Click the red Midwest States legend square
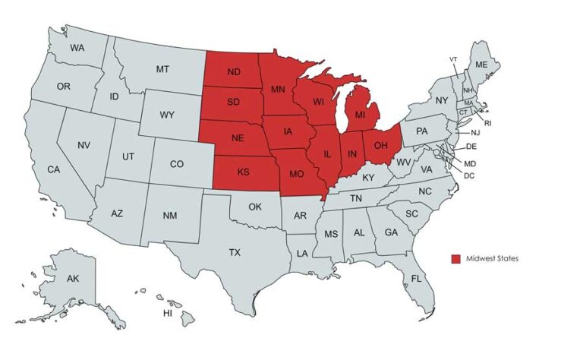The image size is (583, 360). click(455, 259)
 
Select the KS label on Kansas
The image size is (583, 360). click(243, 172)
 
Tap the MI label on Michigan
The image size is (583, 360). click(361, 116)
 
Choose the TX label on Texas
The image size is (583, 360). click(235, 251)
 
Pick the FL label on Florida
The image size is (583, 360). click(416, 279)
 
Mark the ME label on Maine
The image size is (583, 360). click(481, 65)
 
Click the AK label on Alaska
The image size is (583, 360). click(73, 279)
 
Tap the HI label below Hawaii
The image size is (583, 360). click(169, 314)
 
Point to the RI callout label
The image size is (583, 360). click(488, 122)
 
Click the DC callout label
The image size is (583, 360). click(469, 175)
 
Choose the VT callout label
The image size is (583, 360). click(453, 59)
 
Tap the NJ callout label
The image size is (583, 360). click(475, 133)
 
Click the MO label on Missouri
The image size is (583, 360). click(297, 174)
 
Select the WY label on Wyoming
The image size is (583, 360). click(168, 115)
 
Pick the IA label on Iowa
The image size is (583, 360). click(288, 132)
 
